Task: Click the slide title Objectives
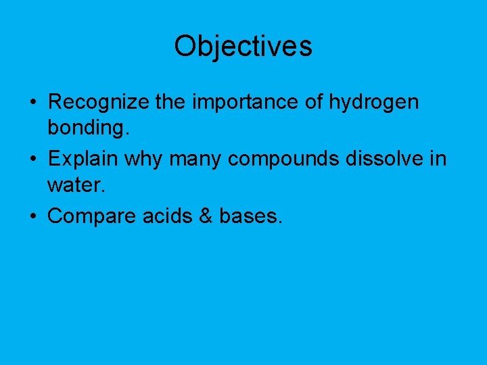pos(243,46)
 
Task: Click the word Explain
pos(80,160)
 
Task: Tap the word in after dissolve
pos(438,160)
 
